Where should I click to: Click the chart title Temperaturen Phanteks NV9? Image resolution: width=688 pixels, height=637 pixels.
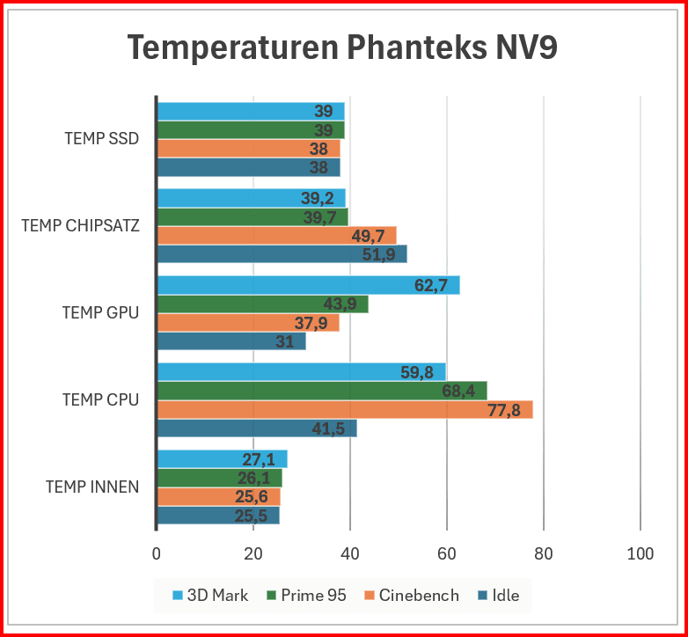coord(343,47)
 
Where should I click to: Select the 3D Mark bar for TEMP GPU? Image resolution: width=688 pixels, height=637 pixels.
coord(308,285)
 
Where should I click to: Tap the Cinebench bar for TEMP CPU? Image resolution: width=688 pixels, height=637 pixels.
coord(344,410)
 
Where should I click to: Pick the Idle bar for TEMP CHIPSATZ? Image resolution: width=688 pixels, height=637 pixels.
coord(282,254)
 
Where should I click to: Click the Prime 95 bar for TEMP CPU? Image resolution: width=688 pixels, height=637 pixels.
coord(321,391)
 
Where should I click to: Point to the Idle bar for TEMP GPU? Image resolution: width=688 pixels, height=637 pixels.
coord(231,341)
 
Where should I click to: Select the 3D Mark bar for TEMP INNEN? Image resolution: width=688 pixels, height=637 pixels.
coord(222,459)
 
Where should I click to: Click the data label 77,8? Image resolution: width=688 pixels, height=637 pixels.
coord(505,410)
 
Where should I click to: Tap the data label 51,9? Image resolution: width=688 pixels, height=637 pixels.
coord(380,254)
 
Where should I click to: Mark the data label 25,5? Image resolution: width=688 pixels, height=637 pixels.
coord(252,516)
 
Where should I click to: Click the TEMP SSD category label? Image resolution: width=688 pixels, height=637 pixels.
coord(101,138)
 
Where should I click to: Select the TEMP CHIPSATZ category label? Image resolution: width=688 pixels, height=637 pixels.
coord(80,225)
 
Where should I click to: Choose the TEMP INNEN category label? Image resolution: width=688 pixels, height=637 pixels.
coord(91,487)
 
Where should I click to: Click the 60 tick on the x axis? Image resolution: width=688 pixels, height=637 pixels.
coord(447,553)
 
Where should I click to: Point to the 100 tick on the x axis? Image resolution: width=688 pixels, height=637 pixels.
coord(640,553)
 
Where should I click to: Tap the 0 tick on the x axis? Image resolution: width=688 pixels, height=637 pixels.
coord(157,553)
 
